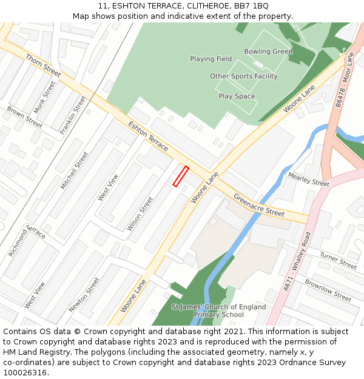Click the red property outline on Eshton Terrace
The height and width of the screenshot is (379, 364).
click(x=181, y=176)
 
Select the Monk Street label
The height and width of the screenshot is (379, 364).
click(x=45, y=97)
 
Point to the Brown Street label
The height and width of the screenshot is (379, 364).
click(x=24, y=117)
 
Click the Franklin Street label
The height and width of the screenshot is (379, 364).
click(x=73, y=115)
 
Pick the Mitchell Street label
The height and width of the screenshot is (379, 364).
click(x=75, y=170)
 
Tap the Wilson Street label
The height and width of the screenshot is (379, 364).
click(x=140, y=213)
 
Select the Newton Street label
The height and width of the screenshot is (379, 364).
click(x=84, y=295)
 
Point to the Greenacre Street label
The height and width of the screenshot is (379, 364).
click(x=259, y=206)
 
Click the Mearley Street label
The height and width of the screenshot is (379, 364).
click(x=308, y=179)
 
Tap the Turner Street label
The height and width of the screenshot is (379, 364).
click(x=338, y=261)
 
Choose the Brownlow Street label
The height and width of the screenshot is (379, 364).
click(x=328, y=290)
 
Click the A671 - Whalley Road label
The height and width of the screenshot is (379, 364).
click(x=297, y=261)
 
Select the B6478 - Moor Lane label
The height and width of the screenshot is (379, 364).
click(x=344, y=79)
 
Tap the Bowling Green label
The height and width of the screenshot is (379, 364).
click(x=268, y=52)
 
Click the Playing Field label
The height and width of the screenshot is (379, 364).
click(x=211, y=59)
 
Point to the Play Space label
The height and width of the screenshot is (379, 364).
click(x=237, y=96)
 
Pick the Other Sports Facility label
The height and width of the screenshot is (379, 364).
click(x=243, y=76)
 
